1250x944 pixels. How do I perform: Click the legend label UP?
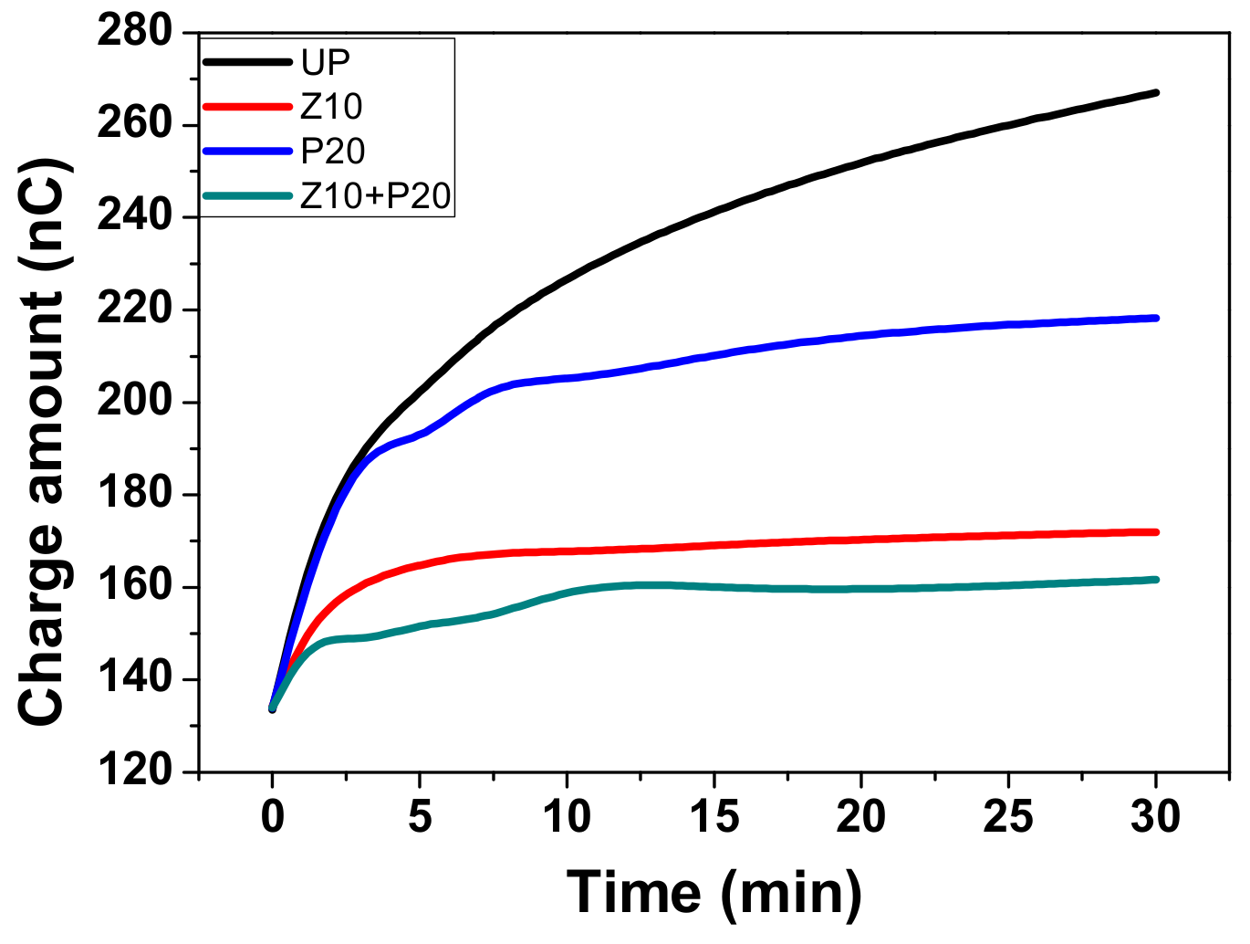pos(326,62)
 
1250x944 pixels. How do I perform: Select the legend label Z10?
pos(331,107)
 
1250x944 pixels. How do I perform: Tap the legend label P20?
pos(333,151)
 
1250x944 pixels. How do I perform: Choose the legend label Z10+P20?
pos(376,195)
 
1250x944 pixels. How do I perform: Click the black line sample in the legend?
pos(247,62)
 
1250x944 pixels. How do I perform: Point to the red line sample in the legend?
pos(247,107)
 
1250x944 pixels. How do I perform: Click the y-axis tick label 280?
pos(135,32)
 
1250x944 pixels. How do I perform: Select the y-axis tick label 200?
pos(135,402)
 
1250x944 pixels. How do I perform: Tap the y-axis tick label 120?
pos(135,771)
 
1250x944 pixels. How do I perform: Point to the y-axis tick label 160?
pos(135,587)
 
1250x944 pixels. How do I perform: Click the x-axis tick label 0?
pos(272,816)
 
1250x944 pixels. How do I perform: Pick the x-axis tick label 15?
pos(714,816)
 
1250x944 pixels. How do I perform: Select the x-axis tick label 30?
pos(1155,816)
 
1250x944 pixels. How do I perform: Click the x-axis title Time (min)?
pos(714,892)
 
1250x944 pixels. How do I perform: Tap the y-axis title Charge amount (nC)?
pos(42,442)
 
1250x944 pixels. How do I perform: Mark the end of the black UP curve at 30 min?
pos(1156,92)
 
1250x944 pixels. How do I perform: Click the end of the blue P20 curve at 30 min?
pos(1156,318)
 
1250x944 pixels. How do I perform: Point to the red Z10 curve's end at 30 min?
pos(1156,531)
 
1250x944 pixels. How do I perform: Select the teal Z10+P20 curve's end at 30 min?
pos(1156,579)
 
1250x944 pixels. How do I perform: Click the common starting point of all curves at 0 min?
pos(272,708)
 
